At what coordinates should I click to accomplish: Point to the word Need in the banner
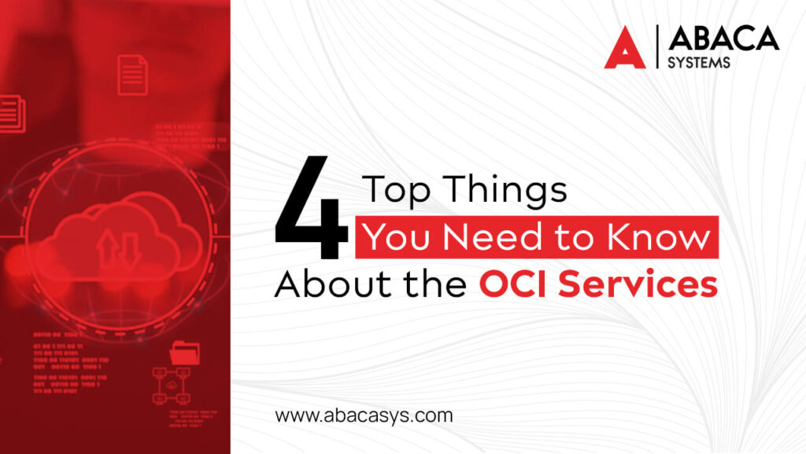click(469, 237)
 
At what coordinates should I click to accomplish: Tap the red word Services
click(640, 284)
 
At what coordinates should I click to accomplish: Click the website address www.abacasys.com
click(364, 415)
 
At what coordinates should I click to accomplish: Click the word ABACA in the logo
click(723, 38)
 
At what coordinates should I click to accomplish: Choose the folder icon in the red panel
click(185, 352)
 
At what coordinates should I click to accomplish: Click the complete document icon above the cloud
click(132, 75)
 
